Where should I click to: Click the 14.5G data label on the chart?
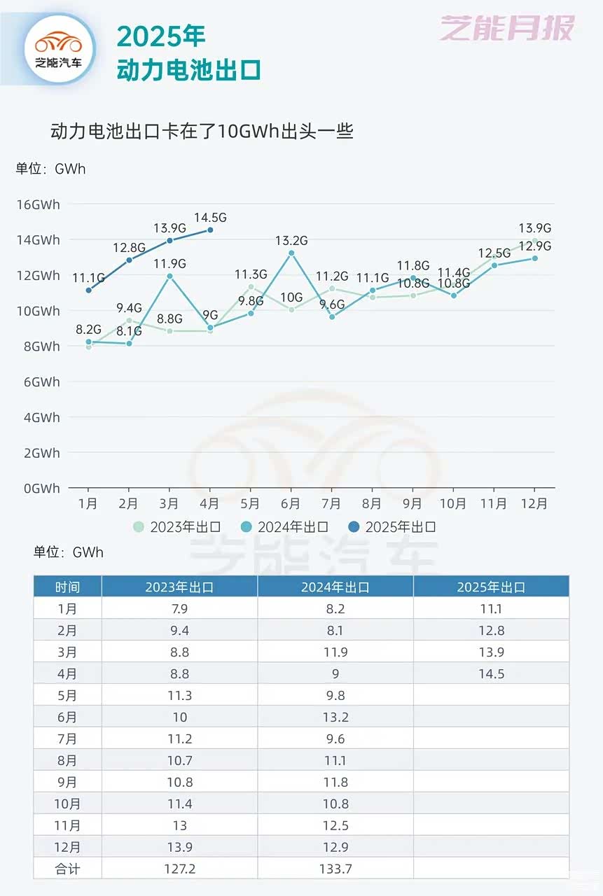[211, 216]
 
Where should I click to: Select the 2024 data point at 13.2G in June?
[291, 253]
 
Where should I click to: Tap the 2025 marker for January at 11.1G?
[88, 290]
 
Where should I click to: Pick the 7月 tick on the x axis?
[331, 504]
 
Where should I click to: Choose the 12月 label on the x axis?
[534, 504]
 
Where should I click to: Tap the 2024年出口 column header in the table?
[335, 587]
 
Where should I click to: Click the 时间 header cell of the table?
[67, 587]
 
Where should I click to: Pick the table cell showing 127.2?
[179, 869]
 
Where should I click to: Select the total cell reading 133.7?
[335, 869]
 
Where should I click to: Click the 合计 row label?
[67, 869]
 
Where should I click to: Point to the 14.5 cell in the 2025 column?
[491, 674]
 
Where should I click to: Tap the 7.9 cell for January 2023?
[179, 609]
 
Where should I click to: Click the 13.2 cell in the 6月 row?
[335, 717]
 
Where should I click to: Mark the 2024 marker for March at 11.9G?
[169, 276]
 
